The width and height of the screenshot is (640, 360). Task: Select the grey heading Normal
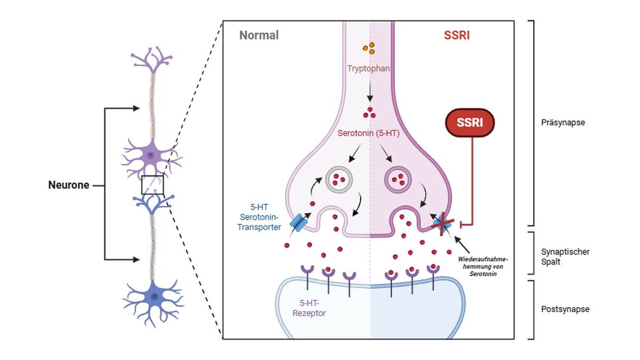[259, 36]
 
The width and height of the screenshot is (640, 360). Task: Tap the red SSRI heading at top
[457, 36]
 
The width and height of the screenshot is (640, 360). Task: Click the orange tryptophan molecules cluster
[369, 49]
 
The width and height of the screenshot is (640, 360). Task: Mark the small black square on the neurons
[153, 185]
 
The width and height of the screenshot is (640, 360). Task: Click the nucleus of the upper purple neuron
[151, 155]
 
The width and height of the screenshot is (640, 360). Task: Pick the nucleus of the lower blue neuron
[154, 296]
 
